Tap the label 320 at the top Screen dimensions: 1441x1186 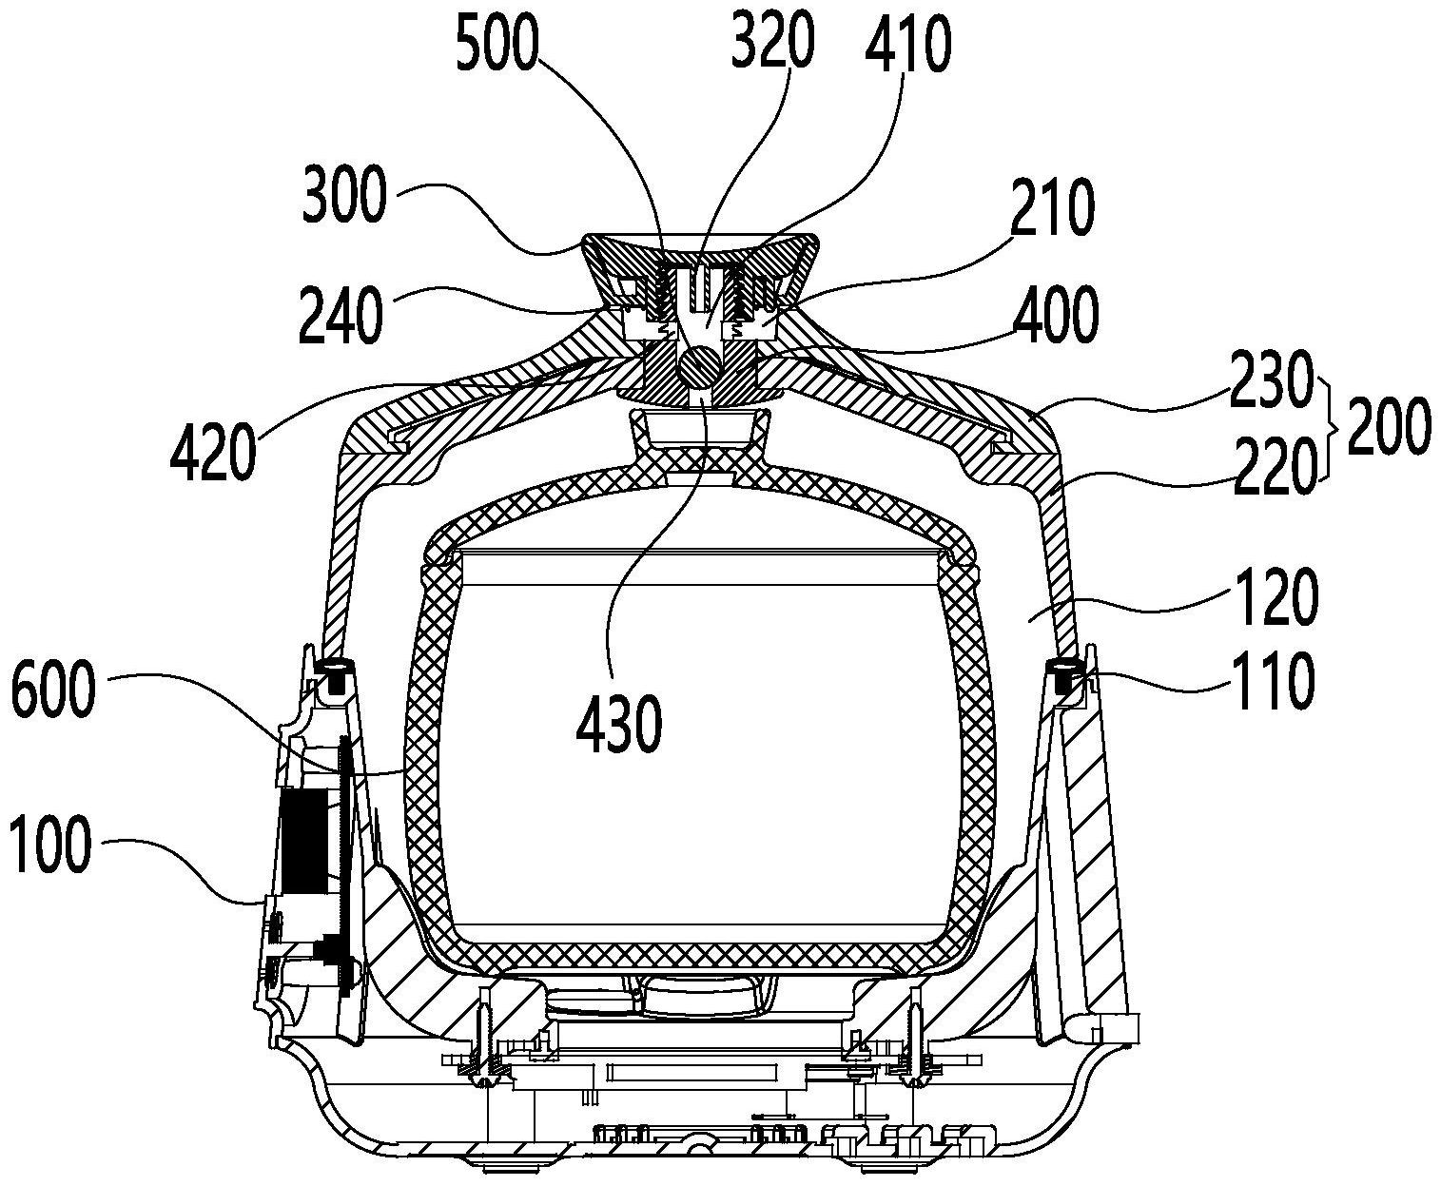point(772,42)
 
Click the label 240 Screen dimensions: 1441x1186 point(341,317)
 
